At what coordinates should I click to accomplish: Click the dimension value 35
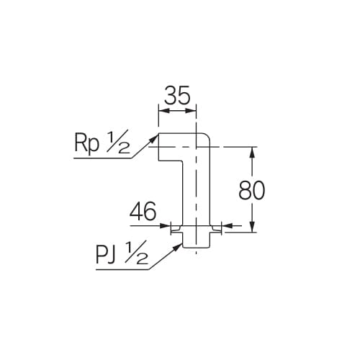click(177, 96)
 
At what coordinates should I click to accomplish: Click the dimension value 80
click(252, 190)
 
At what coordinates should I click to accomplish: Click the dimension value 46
click(143, 212)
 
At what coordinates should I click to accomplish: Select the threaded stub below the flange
click(195, 241)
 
